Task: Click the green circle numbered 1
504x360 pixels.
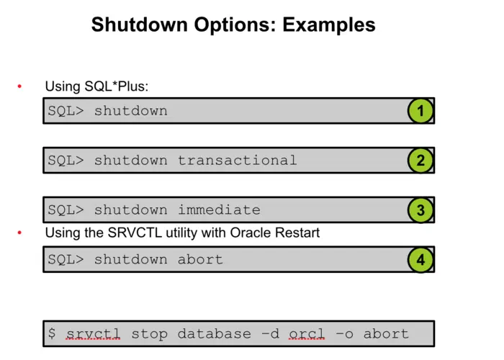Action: (x=420, y=112)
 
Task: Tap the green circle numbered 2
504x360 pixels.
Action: (x=420, y=161)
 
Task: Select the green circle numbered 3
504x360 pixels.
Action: (x=420, y=210)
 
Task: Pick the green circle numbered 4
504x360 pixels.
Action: (x=420, y=259)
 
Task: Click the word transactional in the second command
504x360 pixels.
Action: (x=237, y=161)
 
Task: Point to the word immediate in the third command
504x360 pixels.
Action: (x=219, y=210)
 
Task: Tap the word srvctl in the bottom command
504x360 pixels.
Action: (x=93, y=334)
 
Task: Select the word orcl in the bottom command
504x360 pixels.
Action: (x=307, y=334)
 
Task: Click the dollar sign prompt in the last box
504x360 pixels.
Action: (x=52, y=334)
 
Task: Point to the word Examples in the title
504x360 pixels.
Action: (x=329, y=25)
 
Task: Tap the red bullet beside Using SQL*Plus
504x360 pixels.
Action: (x=19, y=87)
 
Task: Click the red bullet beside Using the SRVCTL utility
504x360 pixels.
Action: (x=19, y=233)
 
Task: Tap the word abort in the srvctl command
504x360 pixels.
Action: (x=386, y=334)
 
